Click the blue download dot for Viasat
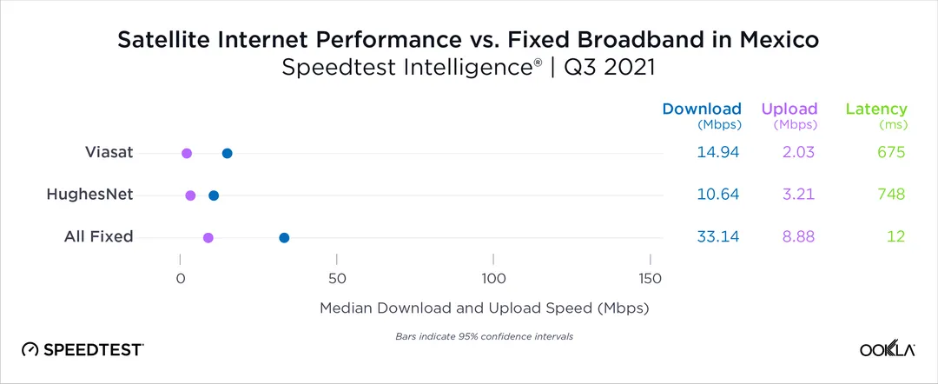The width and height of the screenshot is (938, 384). pyautogui.click(x=227, y=153)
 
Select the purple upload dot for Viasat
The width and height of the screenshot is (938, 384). pyautogui.click(x=186, y=153)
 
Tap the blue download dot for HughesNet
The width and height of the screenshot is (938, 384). pyautogui.click(x=214, y=195)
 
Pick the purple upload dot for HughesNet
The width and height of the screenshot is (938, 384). pyautogui.click(x=190, y=195)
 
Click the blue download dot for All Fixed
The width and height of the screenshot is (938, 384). pyautogui.click(x=284, y=237)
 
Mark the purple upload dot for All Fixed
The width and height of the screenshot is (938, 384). pyautogui.click(x=208, y=237)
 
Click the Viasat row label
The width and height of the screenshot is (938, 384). pyautogui.click(x=109, y=152)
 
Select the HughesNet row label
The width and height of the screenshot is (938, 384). pyautogui.click(x=90, y=195)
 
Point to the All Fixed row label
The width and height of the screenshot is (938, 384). pyautogui.click(x=98, y=236)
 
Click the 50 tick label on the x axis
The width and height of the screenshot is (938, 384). pyautogui.click(x=337, y=279)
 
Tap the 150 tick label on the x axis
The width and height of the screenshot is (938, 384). pyautogui.click(x=651, y=279)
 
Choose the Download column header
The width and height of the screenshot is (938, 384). pyautogui.click(x=702, y=109)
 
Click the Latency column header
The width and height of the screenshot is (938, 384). pyautogui.click(x=875, y=109)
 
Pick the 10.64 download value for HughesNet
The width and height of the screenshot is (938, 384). pyautogui.click(x=717, y=195)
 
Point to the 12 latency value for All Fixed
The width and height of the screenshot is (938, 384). pyautogui.click(x=896, y=236)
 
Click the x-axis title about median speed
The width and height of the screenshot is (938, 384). pyautogui.click(x=485, y=308)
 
